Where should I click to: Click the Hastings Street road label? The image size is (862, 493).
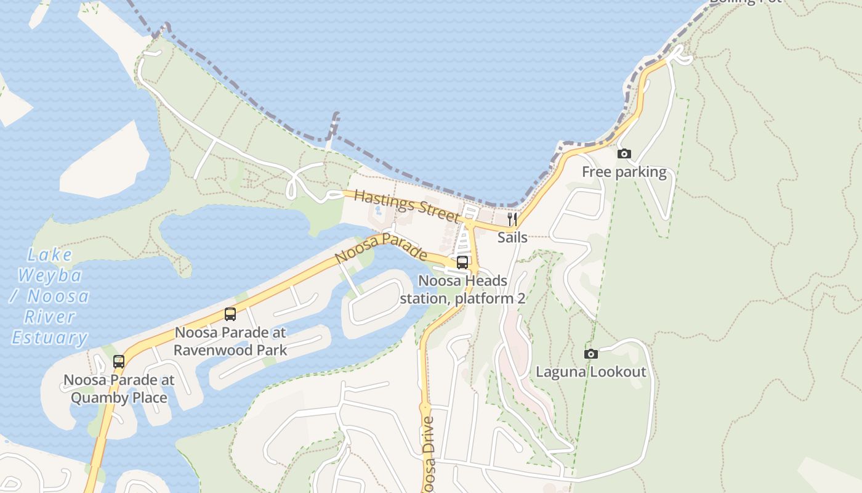(407, 206)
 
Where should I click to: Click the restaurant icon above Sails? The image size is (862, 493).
(512, 219)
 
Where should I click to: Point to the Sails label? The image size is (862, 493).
(512, 237)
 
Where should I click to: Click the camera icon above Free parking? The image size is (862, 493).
(624, 154)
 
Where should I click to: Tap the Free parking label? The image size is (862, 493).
(624, 172)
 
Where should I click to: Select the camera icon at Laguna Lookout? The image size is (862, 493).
(590, 354)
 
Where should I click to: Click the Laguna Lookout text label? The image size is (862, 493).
(590, 372)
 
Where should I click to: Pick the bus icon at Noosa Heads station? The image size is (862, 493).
(462, 263)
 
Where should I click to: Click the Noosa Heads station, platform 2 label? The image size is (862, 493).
(462, 290)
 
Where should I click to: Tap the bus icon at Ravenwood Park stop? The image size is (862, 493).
(230, 314)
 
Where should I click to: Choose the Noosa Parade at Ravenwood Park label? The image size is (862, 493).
(230, 341)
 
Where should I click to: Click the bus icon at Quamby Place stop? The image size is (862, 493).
(119, 362)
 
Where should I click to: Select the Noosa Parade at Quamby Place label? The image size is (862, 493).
(119, 389)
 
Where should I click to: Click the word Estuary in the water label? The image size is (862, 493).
(50, 338)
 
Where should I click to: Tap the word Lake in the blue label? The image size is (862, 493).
(50, 255)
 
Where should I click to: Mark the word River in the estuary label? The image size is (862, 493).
(50, 317)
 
